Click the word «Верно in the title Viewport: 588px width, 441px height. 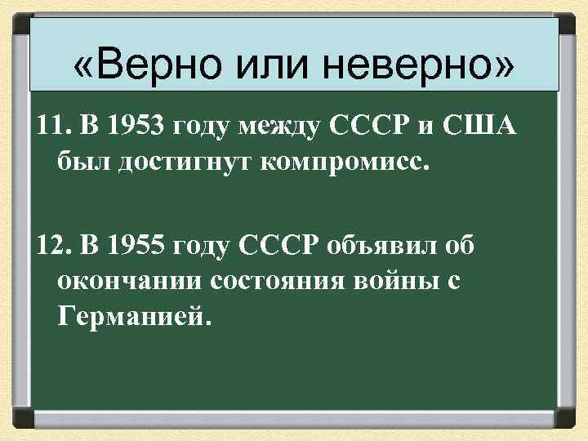[x=145, y=65]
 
